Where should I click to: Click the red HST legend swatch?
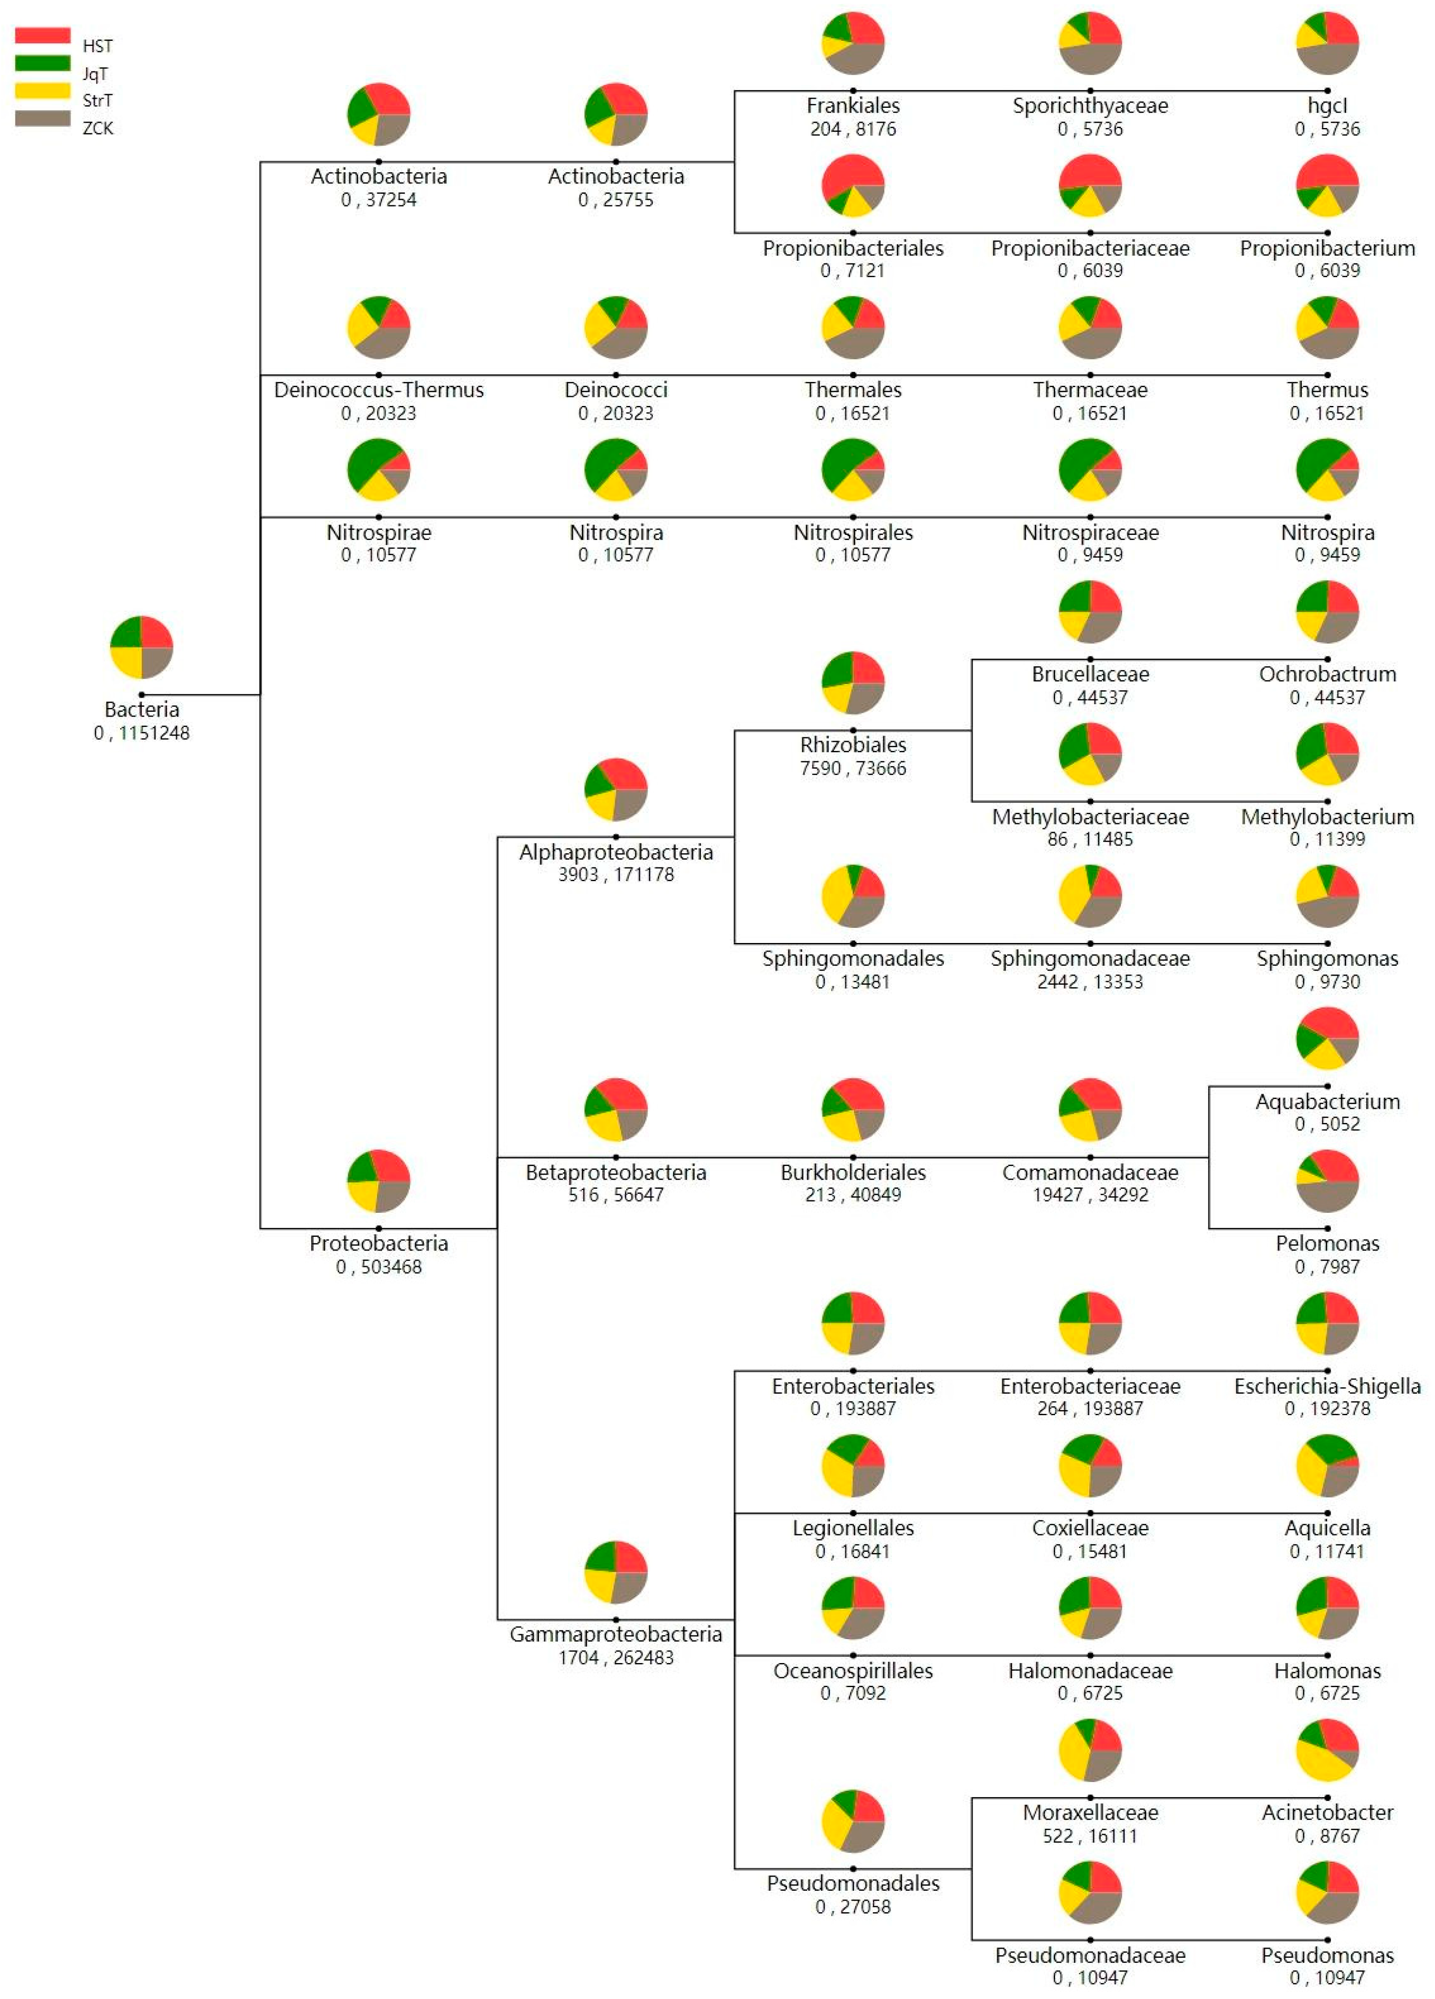point(42,35)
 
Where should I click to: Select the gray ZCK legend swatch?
point(42,118)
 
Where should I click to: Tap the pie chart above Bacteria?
point(141,647)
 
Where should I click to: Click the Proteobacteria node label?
point(378,1243)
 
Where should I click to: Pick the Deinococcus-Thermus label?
point(378,390)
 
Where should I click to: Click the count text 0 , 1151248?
point(141,732)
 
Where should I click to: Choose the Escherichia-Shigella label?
point(1327,1386)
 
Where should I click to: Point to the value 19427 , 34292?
point(1089,1194)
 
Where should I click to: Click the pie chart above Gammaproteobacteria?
point(615,1572)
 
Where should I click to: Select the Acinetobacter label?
point(1327,1812)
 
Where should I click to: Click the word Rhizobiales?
point(852,745)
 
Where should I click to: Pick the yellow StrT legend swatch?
point(42,91)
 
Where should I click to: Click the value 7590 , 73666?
point(852,768)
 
